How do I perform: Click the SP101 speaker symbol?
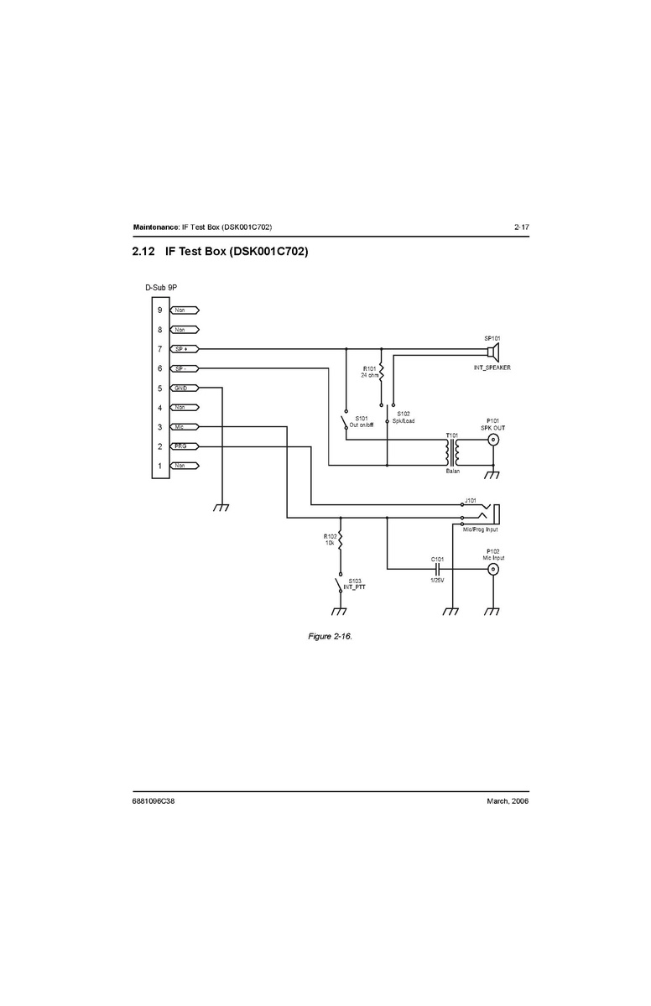(x=494, y=349)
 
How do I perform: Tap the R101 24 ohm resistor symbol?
(x=381, y=370)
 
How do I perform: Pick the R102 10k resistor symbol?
(x=341, y=539)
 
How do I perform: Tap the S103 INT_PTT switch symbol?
(x=340, y=584)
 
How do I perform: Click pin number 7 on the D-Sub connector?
(x=159, y=349)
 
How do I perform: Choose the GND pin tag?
(x=182, y=388)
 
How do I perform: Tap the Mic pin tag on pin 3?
(x=181, y=427)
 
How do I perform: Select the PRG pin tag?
(x=182, y=446)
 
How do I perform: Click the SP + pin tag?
(x=182, y=349)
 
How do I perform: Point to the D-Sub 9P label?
(x=161, y=288)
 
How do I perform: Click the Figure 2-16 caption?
(x=330, y=637)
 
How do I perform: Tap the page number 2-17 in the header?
(x=521, y=227)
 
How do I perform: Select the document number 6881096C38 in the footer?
(x=154, y=800)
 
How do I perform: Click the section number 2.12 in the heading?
(x=144, y=252)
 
